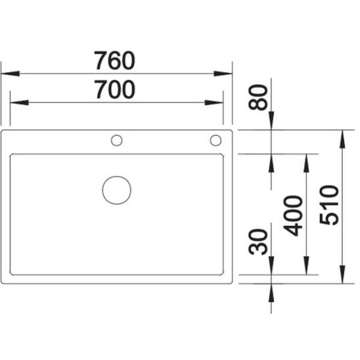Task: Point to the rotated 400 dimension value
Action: coord(294,215)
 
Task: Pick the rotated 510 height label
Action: coord(330,205)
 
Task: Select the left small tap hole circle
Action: coord(117,139)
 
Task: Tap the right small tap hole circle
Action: coord(215,139)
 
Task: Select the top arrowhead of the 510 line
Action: coord(342,136)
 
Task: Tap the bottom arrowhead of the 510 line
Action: coord(342,279)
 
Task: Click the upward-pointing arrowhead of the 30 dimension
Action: coord(273,290)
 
